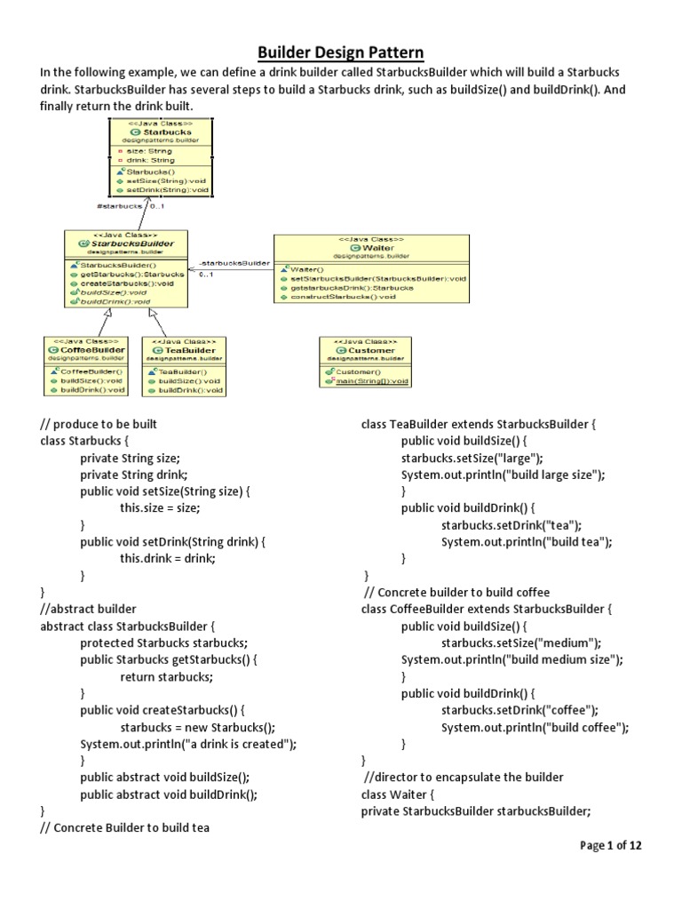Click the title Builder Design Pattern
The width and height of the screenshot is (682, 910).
click(x=341, y=53)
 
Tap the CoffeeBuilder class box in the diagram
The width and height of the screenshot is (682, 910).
click(x=86, y=365)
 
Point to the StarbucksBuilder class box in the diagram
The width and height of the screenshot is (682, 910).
click(x=126, y=268)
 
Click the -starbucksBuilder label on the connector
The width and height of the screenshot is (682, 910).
click(x=234, y=264)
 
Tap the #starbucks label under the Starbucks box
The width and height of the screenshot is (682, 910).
click(x=119, y=206)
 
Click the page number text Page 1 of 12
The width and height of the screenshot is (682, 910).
click(x=610, y=845)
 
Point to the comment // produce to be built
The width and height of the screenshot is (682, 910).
click(x=99, y=425)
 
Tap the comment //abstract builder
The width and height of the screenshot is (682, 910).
click(x=89, y=609)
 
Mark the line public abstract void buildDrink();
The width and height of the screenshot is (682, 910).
click(x=169, y=794)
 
